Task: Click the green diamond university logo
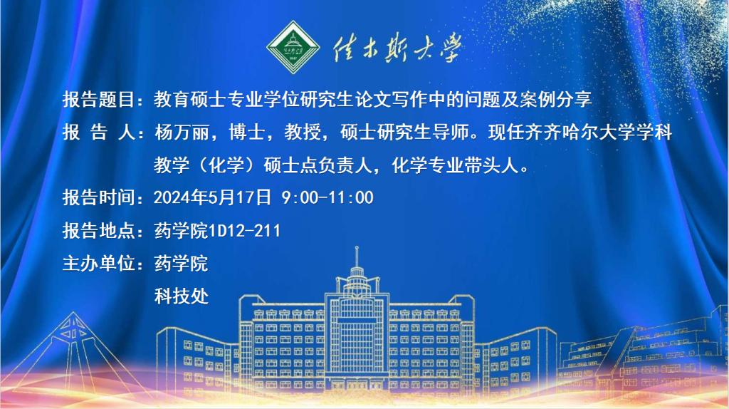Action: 293,47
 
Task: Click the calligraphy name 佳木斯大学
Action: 397,48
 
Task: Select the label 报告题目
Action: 98,99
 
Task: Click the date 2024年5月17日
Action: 212,197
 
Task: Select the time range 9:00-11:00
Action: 327,197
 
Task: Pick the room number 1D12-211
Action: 245,231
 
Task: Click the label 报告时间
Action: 98,197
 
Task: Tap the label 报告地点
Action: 98,231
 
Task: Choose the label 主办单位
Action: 98,264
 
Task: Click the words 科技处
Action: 182,296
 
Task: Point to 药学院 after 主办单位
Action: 182,264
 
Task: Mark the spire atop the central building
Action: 357,257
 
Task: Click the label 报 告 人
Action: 98,133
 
